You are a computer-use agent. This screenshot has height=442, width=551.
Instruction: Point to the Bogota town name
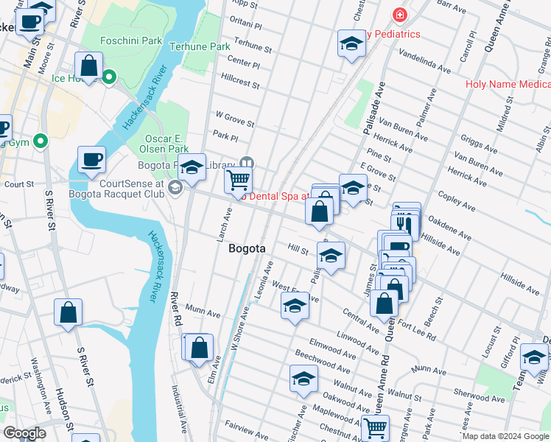click(x=247, y=249)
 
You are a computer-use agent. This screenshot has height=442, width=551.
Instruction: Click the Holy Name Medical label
click(x=508, y=84)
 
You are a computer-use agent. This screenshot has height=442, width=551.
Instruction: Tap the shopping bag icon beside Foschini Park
click(x=88, y=65)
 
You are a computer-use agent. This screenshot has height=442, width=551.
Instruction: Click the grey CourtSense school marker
click(x=175, y=189)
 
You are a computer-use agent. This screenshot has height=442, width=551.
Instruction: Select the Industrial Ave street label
click(x=178, y=409)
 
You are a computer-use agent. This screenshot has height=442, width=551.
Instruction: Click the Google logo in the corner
click(x=24, y=433)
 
